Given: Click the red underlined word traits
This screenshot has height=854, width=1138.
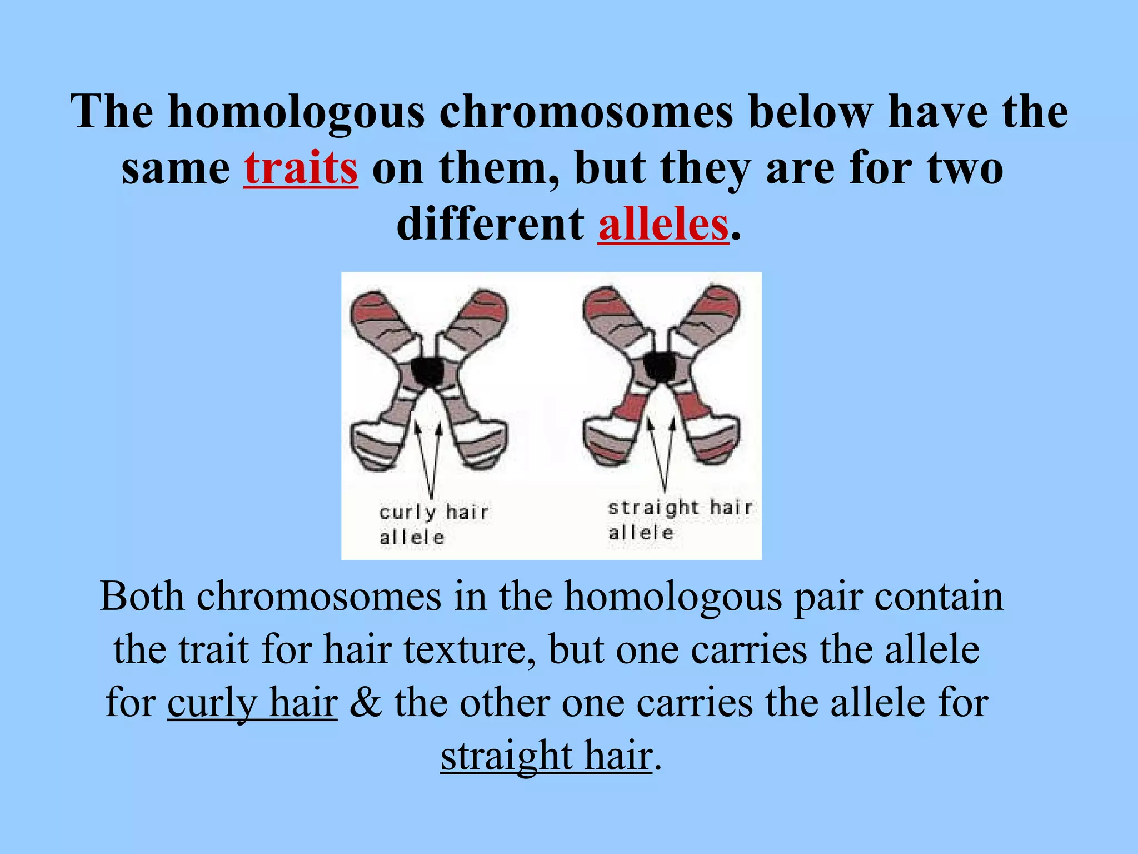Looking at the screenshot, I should (301, 168).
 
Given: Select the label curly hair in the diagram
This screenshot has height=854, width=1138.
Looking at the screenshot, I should (433, 512).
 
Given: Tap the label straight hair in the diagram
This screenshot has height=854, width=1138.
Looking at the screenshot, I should (680, 508).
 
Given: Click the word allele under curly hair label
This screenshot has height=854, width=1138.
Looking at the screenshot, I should (412, 538).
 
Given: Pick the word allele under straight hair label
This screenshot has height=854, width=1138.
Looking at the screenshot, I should (641, 533).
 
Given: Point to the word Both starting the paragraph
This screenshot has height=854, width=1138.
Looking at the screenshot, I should (142, 597).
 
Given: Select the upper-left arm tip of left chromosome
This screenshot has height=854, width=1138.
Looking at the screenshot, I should (367, 305).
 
